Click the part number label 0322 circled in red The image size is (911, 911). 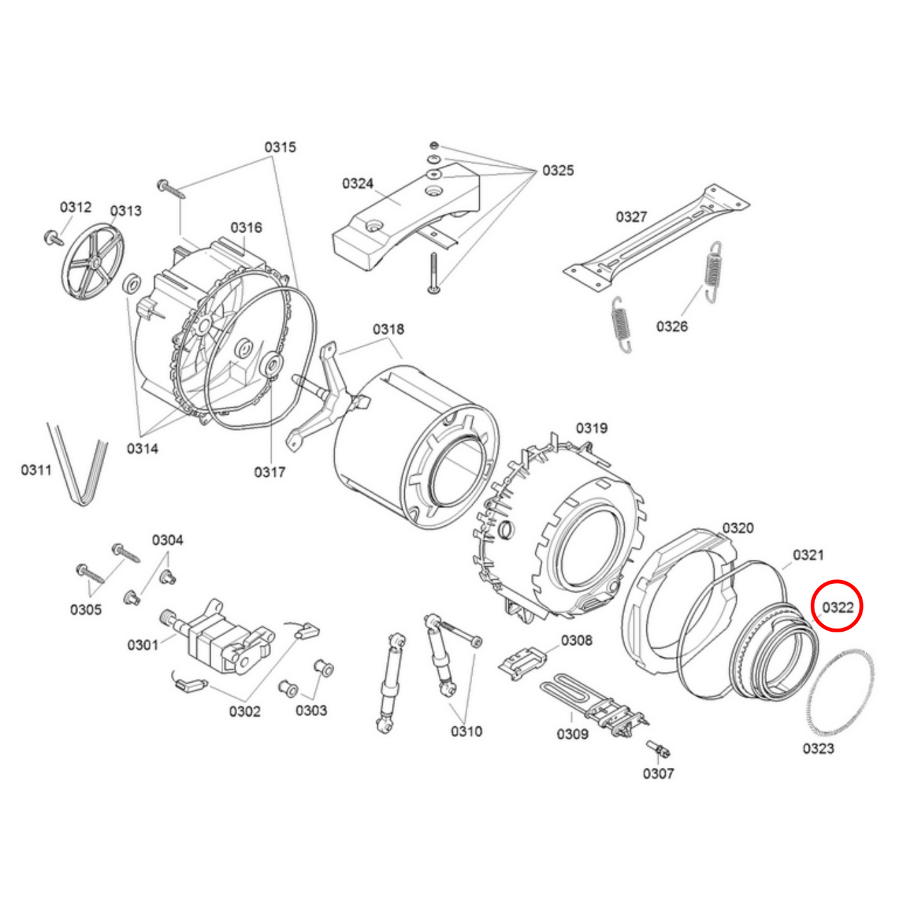[837, 607]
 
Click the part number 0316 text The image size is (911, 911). [246, 228]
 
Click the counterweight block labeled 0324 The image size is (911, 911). [403, 214]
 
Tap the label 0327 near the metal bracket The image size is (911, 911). [631, 217]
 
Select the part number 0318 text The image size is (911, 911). [388, 329]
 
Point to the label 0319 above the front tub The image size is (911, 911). [591, 428]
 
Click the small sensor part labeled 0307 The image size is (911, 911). [659, 750]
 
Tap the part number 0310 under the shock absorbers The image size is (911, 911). [467, 731]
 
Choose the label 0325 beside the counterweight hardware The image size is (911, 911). [558, 170]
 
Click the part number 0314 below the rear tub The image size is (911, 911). [142, 448]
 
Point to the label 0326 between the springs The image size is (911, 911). [672, 326]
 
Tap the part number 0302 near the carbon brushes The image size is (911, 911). [245, 711]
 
